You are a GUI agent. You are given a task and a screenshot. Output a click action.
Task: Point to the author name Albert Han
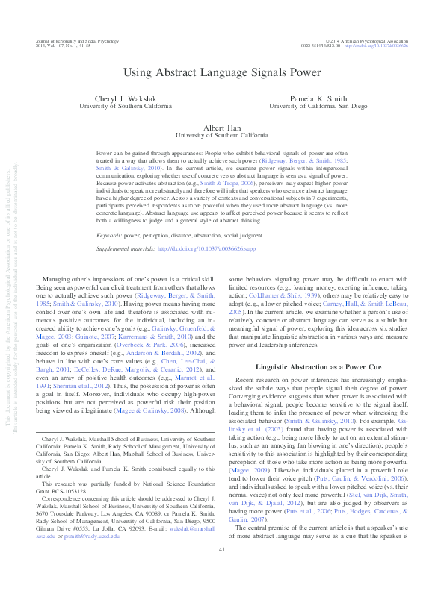pos(221,128)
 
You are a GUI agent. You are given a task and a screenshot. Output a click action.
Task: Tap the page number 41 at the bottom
pos(222,571)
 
